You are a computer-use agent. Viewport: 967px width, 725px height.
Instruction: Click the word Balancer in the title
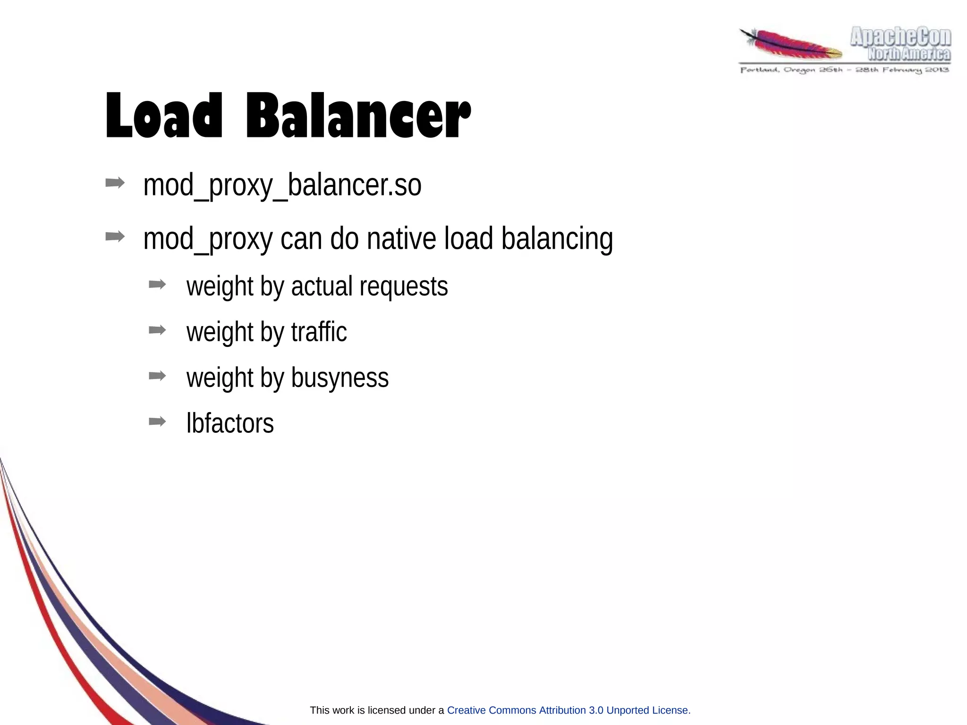coord(358,116)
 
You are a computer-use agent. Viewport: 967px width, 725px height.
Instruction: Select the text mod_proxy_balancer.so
coord(282,185)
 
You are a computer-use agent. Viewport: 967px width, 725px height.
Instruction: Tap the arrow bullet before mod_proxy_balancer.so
coord(115,183)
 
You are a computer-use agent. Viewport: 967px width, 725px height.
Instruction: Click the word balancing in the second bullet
coord(557,239)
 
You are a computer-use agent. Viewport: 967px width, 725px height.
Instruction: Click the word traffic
coord(319,332)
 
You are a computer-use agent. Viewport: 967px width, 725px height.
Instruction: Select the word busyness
coord(339,378)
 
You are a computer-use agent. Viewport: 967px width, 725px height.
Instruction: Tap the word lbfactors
coord(230,423)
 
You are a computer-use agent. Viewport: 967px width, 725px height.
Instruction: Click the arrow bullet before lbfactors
coord(157,421)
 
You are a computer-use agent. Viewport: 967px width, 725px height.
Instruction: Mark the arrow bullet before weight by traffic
coord(157,330)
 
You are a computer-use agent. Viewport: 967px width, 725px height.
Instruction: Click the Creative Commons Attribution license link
coord(567,710)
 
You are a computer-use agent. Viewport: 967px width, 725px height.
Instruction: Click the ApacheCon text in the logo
coord(900,37)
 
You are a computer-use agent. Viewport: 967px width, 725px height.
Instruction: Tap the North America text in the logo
coord(909,54)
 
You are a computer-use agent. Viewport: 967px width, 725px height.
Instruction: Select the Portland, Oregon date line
coord(844,70)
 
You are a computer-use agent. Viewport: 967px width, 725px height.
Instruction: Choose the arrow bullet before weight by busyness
coord(157,376)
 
